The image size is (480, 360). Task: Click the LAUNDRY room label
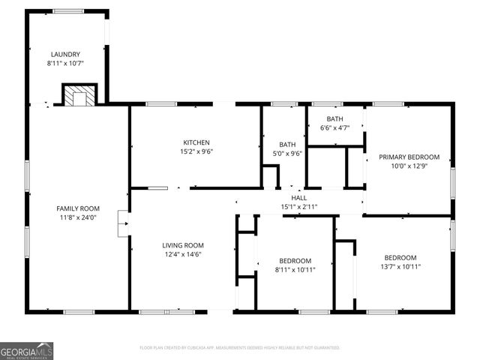click(64, 54)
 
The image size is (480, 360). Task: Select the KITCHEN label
click(196, 142)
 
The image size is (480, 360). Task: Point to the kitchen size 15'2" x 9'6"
click(196, 151)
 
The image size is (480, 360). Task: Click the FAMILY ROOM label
click(78, 208)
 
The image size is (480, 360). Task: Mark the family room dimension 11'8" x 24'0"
click(78, 218)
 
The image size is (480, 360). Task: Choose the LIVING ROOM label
click(183, 245)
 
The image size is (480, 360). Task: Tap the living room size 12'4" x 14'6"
click(183, 254)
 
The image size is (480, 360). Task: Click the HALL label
click(298, 198)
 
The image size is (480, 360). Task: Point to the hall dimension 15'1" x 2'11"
click(298, 206)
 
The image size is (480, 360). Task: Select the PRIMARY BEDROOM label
click(409, 157)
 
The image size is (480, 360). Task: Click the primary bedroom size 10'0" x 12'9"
click(409, 166)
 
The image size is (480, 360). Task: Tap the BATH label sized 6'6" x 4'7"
click(334, 119)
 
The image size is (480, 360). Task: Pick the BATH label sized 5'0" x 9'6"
click(288, 145)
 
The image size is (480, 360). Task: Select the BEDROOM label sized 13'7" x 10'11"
click(400, 257)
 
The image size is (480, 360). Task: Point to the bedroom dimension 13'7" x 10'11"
click(400, 266)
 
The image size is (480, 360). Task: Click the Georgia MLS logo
click(27, 350)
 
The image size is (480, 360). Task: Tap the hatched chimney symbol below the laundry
click(77, 96)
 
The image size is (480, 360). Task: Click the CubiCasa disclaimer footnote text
click(240, 348)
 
